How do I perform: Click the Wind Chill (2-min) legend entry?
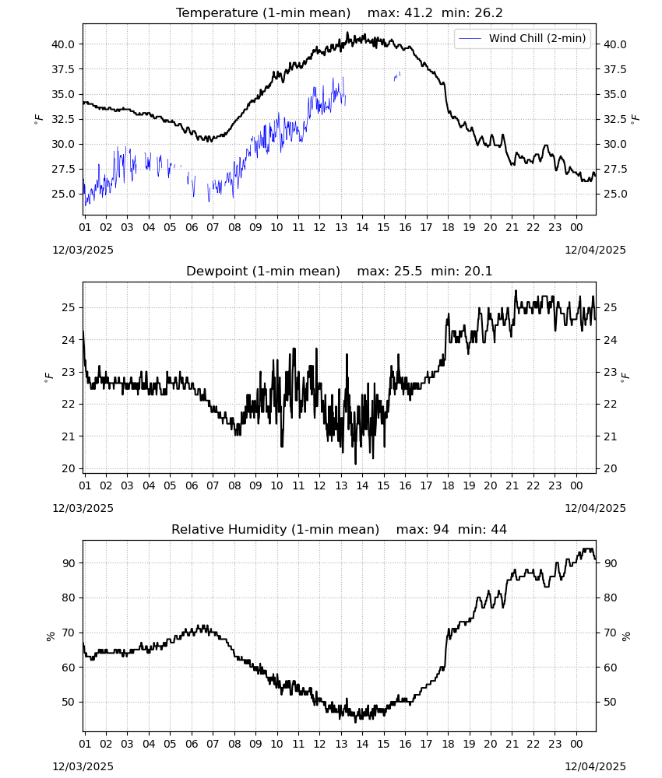(523, 38)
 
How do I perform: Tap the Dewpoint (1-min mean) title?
(263, 271)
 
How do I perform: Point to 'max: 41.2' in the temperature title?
(400, 12)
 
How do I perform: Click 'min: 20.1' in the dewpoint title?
(461, 271)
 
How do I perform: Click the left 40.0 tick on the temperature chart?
(63, 44)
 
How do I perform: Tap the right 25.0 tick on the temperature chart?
(614, 194)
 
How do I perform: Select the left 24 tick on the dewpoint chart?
(69, 340)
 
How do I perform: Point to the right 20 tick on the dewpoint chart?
(611, 468)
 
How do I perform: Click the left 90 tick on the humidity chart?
(69, 563)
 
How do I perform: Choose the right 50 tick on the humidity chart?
(611, 702)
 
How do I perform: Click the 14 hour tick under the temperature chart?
(362, 227)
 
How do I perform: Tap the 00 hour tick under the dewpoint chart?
(576, 485)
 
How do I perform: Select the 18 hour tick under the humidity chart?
(448, 745)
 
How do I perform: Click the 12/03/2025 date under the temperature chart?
(83, 250)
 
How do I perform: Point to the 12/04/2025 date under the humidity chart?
(595, 766)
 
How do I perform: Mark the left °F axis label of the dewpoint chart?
(48, 377)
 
